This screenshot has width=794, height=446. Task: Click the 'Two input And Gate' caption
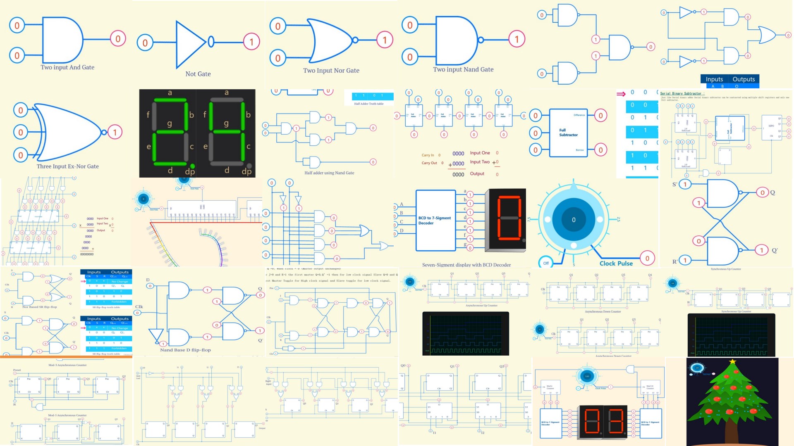(67, 67)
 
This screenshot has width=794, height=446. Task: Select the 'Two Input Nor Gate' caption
(331, 71)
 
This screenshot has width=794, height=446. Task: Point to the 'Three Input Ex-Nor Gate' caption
(67, 166)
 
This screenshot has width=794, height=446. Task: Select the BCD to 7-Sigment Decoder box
(435, 221)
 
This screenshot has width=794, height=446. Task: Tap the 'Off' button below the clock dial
(546, 263)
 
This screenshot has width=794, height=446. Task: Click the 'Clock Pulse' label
(616, 263)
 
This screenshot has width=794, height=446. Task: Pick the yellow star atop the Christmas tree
(732, 362)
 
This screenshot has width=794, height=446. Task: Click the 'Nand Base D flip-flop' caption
(185, 350)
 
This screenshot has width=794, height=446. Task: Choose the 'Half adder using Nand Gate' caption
(329, 173)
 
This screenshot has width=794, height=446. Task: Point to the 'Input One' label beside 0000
(480, 153)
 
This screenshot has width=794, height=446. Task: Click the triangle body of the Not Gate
(189, 43)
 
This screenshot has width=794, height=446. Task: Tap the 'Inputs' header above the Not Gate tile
(714, 79)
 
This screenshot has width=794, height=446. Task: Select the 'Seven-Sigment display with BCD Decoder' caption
(466, 265)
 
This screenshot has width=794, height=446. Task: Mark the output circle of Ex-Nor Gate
(115, 132)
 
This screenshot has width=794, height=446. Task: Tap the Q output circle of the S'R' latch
(762, 192)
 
